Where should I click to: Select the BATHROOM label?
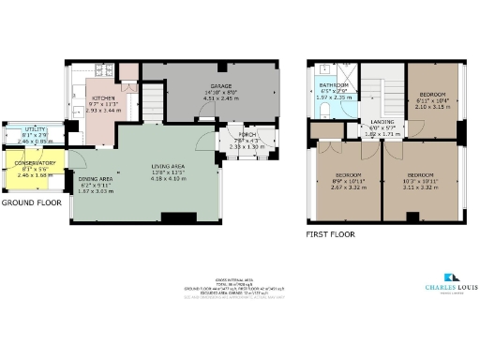(x=334, y=84)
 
